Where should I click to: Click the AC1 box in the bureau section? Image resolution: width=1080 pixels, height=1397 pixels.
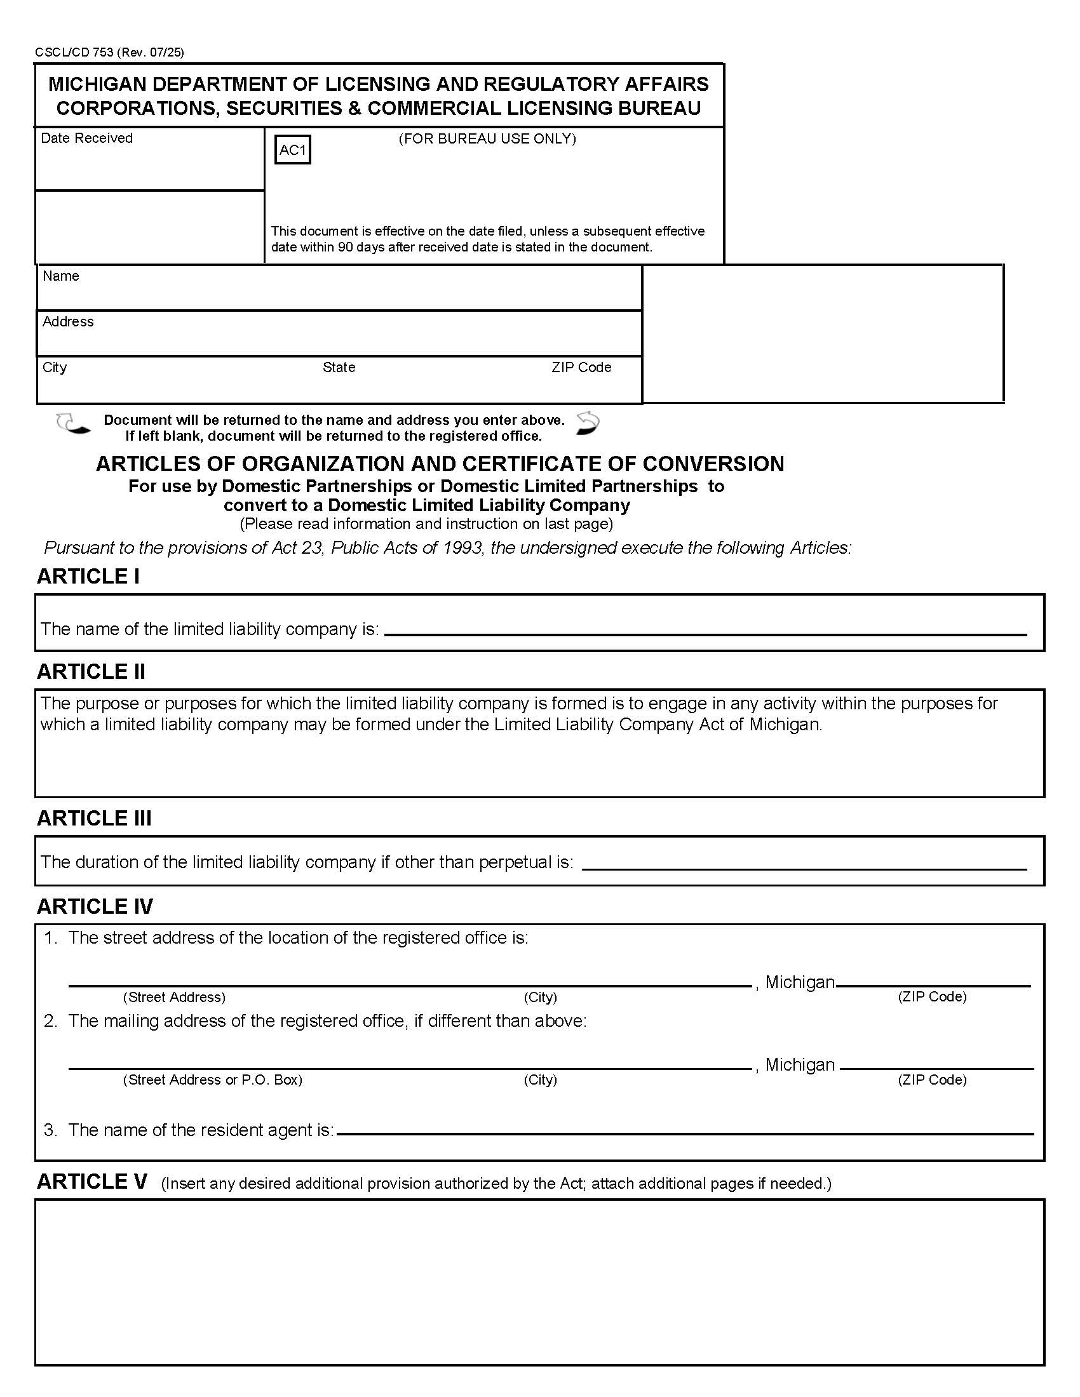coord(292,150)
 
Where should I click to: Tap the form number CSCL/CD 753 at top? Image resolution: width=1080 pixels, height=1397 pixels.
coord(74,53)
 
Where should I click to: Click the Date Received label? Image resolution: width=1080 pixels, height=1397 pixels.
coord(86,138)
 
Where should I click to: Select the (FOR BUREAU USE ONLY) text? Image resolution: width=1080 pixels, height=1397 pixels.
coord(487,139)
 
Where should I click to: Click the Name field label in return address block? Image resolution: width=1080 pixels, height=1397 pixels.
coord(61,276)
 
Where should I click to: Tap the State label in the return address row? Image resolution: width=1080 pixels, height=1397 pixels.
coord(339,367)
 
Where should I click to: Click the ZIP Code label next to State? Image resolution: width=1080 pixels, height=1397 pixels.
coord(581,367)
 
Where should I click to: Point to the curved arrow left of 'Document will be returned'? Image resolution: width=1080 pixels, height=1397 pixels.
coord(72,424)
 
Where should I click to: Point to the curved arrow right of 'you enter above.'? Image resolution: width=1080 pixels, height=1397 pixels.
coord(588,423)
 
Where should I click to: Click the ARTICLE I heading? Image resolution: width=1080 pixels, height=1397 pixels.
coord(88,577)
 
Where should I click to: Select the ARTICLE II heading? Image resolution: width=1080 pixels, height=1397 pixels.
coord(91,672)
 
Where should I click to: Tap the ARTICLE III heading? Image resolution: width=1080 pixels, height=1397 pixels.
coord(94,818)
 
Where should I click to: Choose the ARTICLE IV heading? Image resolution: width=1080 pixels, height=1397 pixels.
coord(95,906)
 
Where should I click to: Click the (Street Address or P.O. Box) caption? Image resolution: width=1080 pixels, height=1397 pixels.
coord(212,1079)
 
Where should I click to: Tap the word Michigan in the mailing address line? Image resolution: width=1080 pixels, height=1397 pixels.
coord(800,1064)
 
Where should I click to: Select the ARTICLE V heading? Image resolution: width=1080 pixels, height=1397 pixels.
coord(92,1182)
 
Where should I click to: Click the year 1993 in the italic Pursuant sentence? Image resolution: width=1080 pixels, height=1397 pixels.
coord(461,548)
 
